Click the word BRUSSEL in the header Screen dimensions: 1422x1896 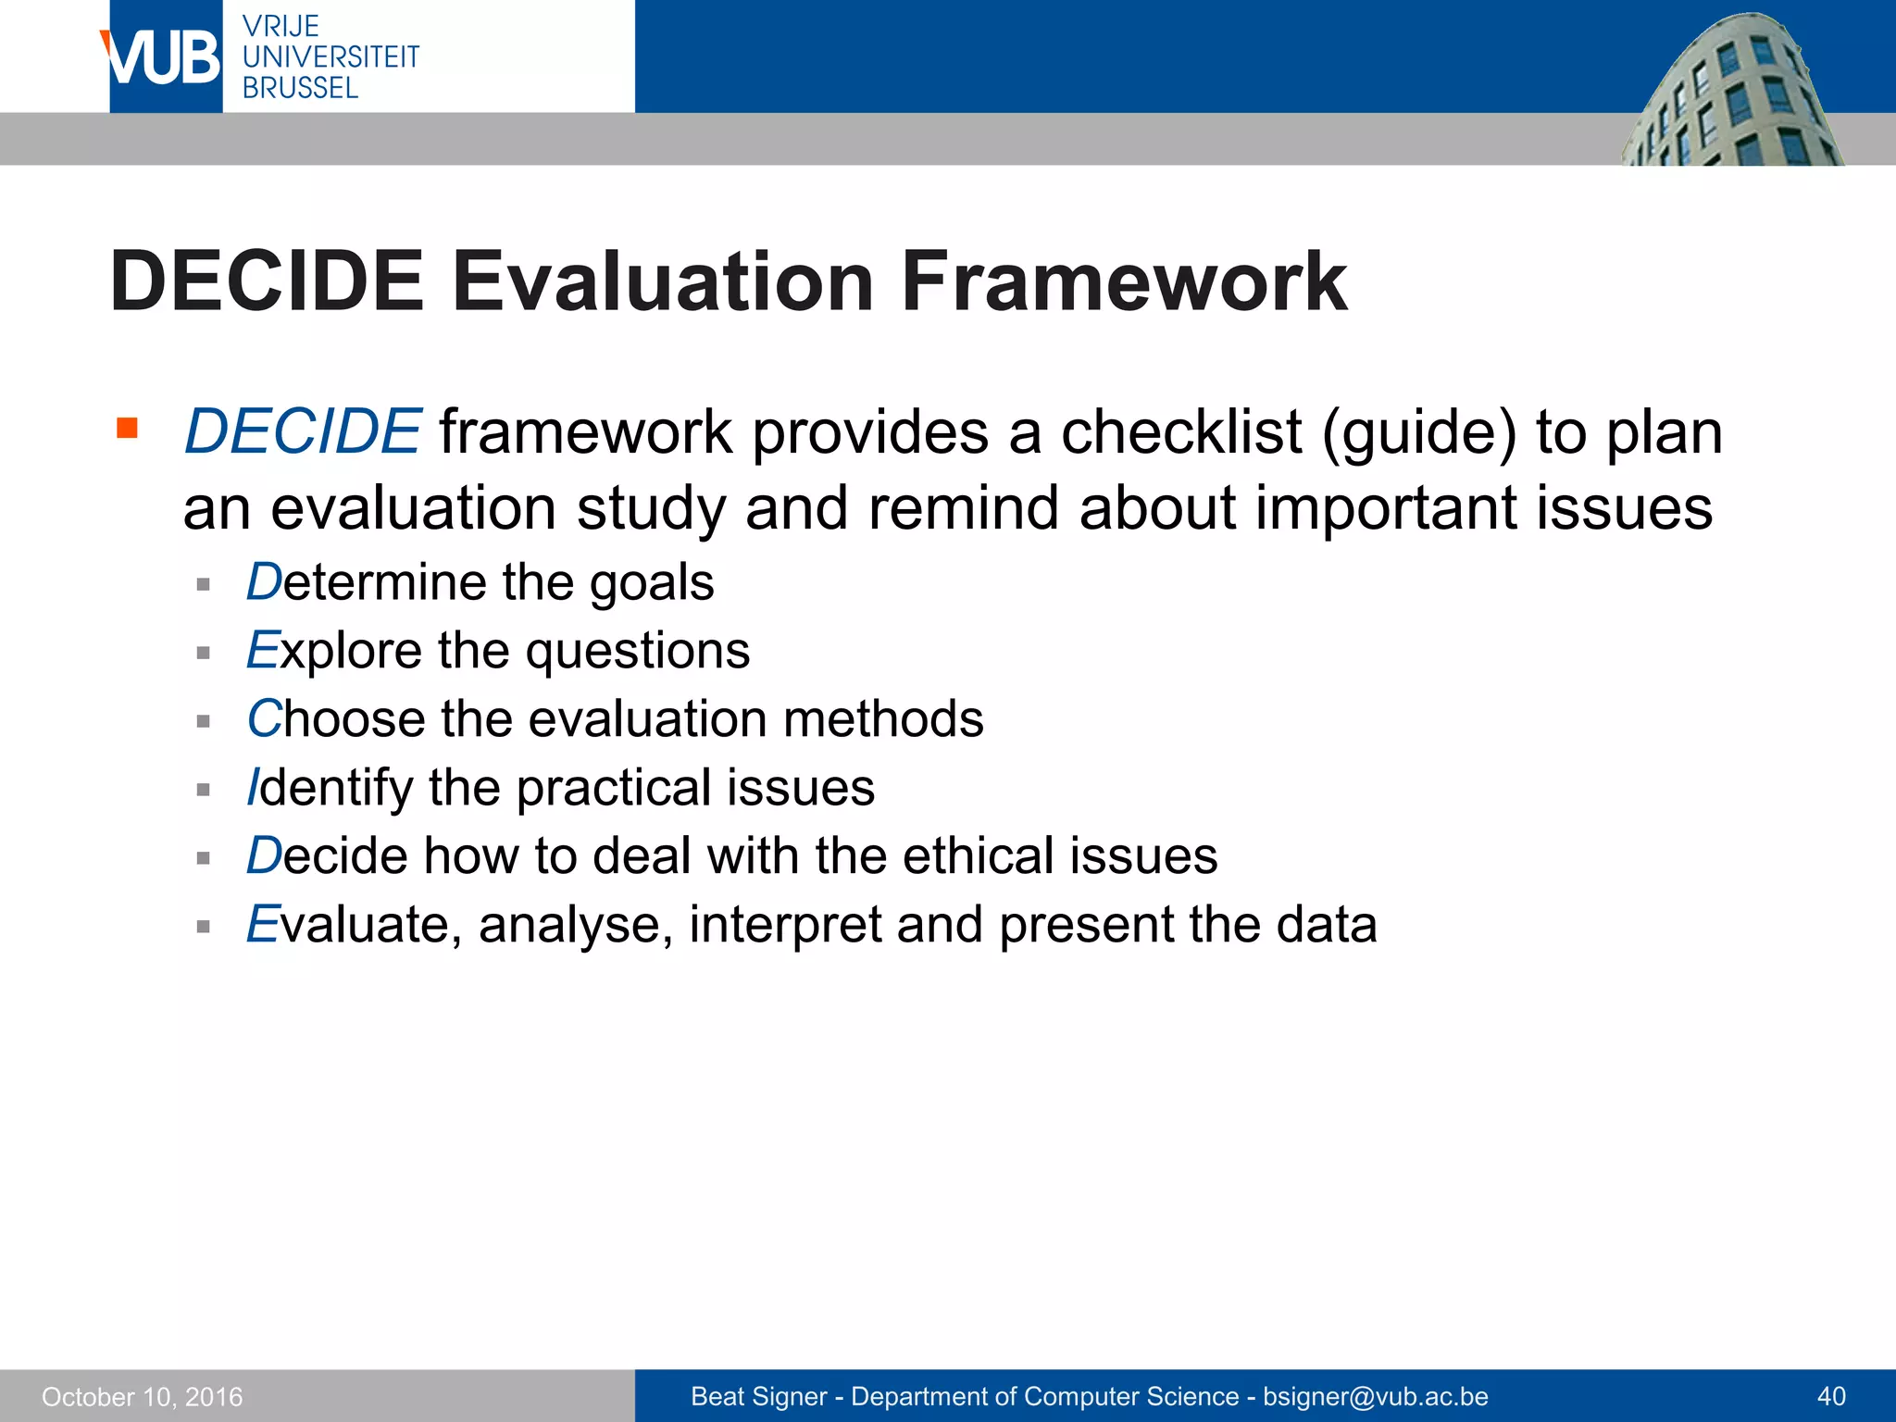pyautogui.click(x=300, y=89)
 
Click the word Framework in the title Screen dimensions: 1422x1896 pyautogui.click(x=1123, y=281)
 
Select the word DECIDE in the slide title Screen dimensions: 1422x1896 pyautogui.click(x=267, y=281)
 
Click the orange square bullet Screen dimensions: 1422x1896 pyautogui.click(x=127, y=428)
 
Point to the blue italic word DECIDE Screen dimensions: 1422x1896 pyautogui.click(x=303, y=432)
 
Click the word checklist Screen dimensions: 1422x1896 pyautogui.click(x=1180, y=432)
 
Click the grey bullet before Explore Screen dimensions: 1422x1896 pyautogui.click(x=204, y=653)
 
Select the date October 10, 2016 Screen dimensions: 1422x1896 pyautogui.click(x=142, y=1397)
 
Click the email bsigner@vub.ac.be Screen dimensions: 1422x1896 pyautogui.click(x=1376, y=1397)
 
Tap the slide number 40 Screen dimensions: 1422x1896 pyautogui.click(x=1831, y=1397)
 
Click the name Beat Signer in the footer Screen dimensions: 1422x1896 pyautogui.click(x=758, y=1397)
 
